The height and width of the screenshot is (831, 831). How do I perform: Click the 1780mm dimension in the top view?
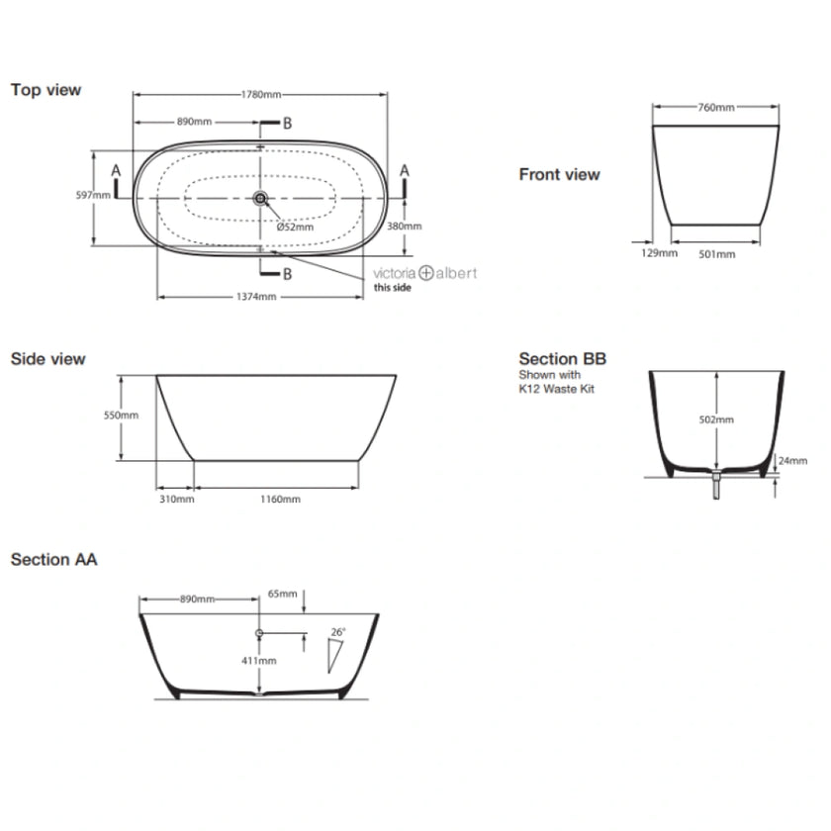(x=262, y=95)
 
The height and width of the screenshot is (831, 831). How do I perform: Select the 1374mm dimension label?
(x=256, y=297)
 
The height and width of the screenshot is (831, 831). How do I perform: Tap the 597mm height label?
(x=93, y=195)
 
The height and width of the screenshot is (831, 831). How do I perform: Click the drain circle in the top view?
(x=260, y=199)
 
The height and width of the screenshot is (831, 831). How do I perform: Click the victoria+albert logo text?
(x=424, y=272)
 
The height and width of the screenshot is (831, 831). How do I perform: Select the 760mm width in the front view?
(x=716, y=108)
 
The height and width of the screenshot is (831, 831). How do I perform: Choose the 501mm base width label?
(x=717, y=253)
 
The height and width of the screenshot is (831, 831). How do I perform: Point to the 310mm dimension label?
(x=175, y=499)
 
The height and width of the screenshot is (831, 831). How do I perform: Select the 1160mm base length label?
(x=280, y=499)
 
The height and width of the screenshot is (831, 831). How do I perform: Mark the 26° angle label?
(x=337, y=631)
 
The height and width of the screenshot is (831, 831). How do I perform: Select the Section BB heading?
(x=562, y=359)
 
